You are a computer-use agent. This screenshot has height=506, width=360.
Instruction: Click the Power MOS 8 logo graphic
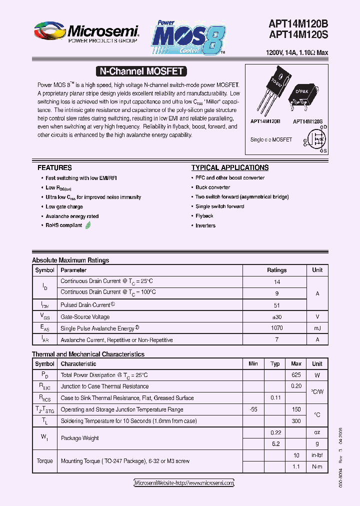click(x=188, y=37)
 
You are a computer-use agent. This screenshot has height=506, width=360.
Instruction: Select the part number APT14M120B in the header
click(x=298, y=24)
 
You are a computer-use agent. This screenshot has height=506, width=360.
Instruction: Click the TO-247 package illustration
click(x=270, y=92)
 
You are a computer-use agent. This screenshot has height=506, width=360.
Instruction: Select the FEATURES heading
click(x=54, y=168)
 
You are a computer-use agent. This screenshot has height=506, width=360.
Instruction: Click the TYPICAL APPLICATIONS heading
click(x=229, y=168)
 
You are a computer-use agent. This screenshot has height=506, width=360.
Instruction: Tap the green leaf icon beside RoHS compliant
click(x=88, y=225)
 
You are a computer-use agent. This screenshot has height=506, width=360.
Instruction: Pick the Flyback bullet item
click(x=204, y=216)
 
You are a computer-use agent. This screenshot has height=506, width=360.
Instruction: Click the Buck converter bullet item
click(x=212, y=187)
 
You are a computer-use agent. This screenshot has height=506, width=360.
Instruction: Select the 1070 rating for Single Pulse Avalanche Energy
click(x=276, y=328)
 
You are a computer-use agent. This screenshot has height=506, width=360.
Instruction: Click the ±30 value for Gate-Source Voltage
click(x=276, y=317)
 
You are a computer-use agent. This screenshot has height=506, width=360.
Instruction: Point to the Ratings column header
click(x=276, y=270)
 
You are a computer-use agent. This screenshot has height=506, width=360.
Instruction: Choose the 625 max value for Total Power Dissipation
click(x=296, y=375)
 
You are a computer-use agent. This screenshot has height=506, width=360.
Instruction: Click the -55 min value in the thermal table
click(x=253, y=409)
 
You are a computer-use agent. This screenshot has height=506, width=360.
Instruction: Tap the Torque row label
click(x=44, y=461)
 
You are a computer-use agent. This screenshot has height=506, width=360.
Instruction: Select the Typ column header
click(x=275, y=364)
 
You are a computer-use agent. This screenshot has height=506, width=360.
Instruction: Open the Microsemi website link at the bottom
click(x=184, y=483)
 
